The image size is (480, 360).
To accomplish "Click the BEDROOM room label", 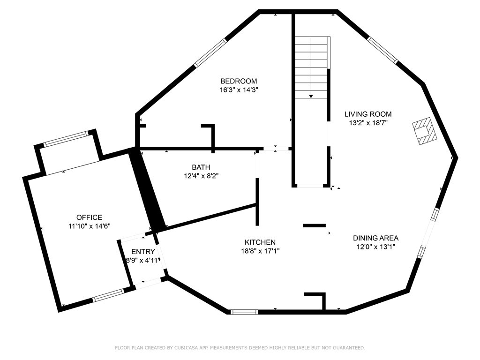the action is click(239, 81).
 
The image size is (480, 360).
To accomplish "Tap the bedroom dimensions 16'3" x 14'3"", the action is click(239, 90).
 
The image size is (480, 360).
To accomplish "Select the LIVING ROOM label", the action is click(368, 114).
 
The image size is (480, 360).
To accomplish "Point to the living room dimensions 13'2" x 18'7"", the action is click(368, 123).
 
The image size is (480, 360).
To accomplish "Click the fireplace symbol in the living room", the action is click(425, 130).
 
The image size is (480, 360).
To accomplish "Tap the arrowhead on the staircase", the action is click(311, 96).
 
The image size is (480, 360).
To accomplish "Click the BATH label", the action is click(201, 167).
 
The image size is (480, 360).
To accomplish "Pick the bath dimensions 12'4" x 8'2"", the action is click(201, 176).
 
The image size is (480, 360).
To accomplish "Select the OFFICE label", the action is click(89, 217).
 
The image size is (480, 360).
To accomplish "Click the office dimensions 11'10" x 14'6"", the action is click(90, 226).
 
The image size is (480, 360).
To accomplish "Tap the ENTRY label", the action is click(143, 252).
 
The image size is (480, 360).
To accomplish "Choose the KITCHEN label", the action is click(260, 242).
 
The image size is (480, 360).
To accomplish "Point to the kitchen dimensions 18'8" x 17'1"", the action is click(260, 251).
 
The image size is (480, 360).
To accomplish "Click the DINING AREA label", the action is click(375, 238).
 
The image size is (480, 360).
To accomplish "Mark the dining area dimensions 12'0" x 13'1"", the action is click(375, 247).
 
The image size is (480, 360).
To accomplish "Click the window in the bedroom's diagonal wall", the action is click(210, 52).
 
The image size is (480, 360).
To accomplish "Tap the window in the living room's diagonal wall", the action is click(382, 50).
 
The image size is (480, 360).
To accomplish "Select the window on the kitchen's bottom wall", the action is click(244, 312).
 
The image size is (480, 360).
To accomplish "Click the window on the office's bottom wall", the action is click(108, 295).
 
